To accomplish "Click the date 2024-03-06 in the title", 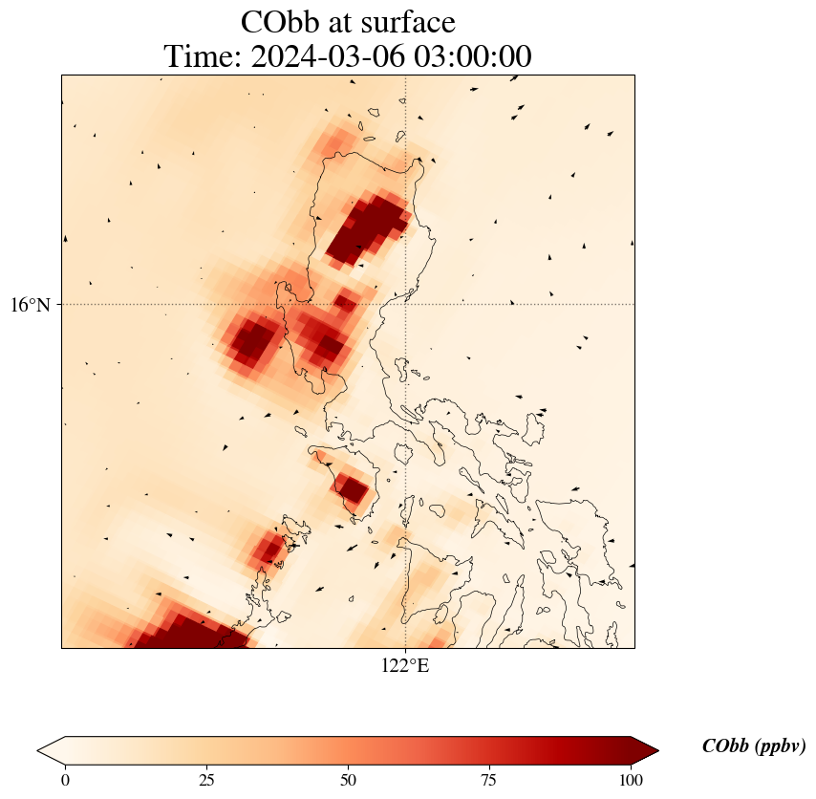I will click(322, 56).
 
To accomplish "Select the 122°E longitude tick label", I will click(405, 666).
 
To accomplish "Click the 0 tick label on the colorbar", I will click(65, 780).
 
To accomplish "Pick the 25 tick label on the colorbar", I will click(206, 780).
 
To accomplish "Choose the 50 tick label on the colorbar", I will click(348, 780).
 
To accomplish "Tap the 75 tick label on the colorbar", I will click(488, 780).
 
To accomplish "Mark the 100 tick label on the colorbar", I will click(630, 780).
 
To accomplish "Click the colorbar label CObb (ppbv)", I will click(753, 746).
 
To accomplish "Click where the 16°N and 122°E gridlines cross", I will click(406, 304).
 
